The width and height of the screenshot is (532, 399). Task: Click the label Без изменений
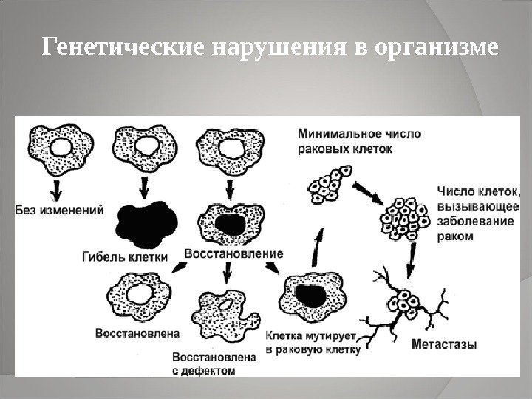[x=58, y=209]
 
